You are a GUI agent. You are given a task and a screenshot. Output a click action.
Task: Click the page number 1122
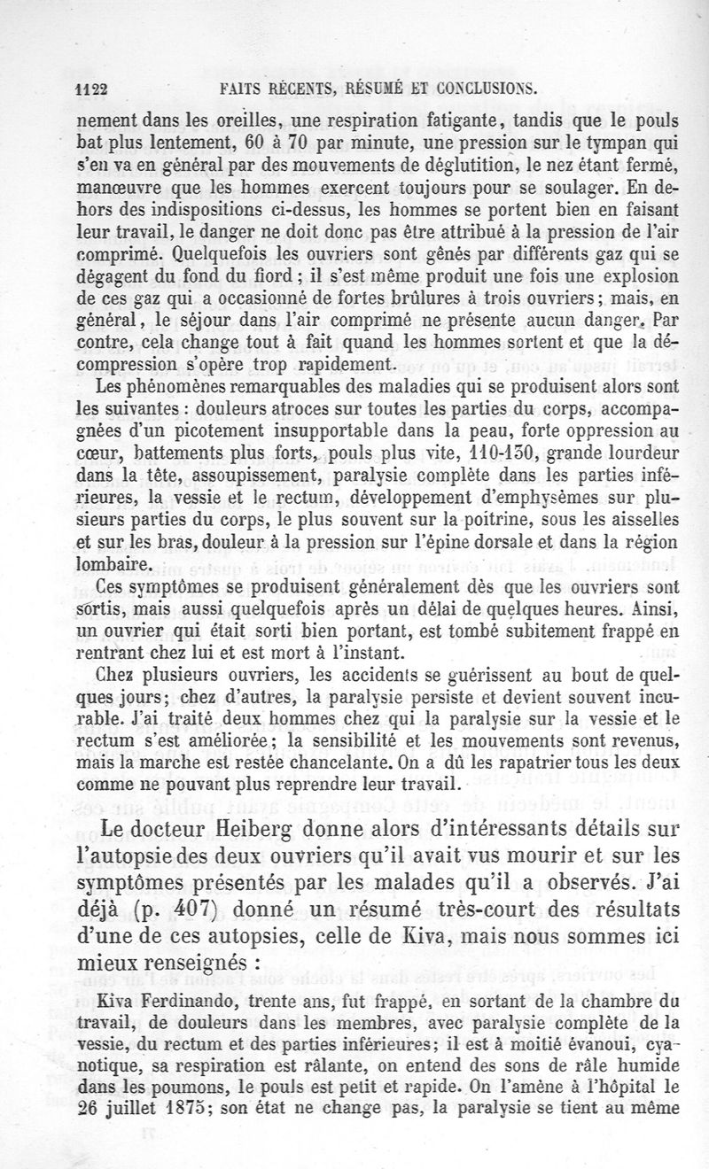(90, 89)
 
